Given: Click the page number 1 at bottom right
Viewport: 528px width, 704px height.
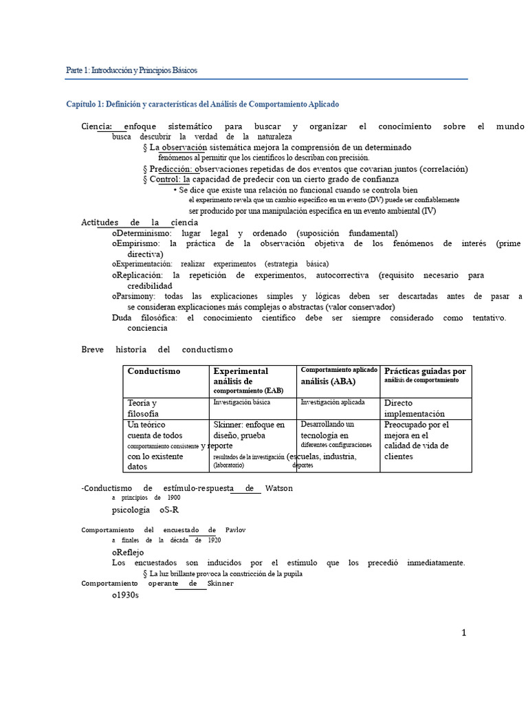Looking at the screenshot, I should click(464, 633).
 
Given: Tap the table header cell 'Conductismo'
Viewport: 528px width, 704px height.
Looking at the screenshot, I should click(154, 371).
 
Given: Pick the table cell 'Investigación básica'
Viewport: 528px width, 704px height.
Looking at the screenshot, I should click(241, 402).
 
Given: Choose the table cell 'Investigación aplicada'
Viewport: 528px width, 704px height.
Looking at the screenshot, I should click(333, 402).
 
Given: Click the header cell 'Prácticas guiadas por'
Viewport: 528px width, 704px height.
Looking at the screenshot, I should click(425, 371).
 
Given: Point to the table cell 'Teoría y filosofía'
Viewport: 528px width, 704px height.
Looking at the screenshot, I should click(143, 408).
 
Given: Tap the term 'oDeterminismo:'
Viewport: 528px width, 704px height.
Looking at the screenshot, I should click(142, 233).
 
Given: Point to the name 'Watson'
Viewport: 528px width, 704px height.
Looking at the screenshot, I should click(278, 488).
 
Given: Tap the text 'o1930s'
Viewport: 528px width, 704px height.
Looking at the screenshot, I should click(126, 595).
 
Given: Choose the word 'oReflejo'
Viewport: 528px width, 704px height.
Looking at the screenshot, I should click(129, 552).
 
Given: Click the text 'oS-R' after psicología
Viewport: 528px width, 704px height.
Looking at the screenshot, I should click(170, 511).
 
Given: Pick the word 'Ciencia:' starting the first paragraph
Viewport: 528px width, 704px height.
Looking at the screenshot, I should click(97, 126).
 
